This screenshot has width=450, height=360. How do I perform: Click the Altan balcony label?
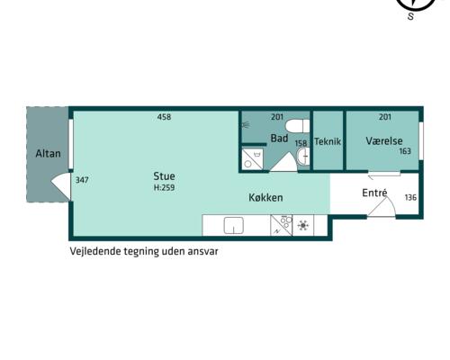(x=48, y=154)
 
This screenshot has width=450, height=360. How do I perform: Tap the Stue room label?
(x=164, y=176)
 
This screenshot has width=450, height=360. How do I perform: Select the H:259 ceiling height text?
(x=164, y=188)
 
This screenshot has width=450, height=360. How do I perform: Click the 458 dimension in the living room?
(x=164, y=117)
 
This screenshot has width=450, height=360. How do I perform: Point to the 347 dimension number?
(x=82, y=180)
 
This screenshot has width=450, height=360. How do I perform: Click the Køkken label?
(x=265, y=197)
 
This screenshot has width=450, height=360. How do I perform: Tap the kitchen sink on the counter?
(x=234, y=226)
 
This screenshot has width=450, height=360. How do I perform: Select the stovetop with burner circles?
(x=281, y=225)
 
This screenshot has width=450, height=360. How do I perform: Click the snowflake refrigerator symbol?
(x=303, y=225)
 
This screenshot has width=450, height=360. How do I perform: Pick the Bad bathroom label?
(x=279, y=139)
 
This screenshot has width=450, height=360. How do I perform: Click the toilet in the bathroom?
(x=297, y=126)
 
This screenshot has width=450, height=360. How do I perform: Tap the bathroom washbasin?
(x=303, y=157)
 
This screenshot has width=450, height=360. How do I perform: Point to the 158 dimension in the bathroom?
(x=301, y=143)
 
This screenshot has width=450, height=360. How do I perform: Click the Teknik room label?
(x=328, y=141)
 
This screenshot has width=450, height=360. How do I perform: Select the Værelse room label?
(x=384, y=140)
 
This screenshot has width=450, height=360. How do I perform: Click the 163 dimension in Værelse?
(x=405, y=151)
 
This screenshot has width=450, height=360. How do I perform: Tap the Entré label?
(x=374, y=193)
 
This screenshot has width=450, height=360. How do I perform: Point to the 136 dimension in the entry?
(x=410, y=197)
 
